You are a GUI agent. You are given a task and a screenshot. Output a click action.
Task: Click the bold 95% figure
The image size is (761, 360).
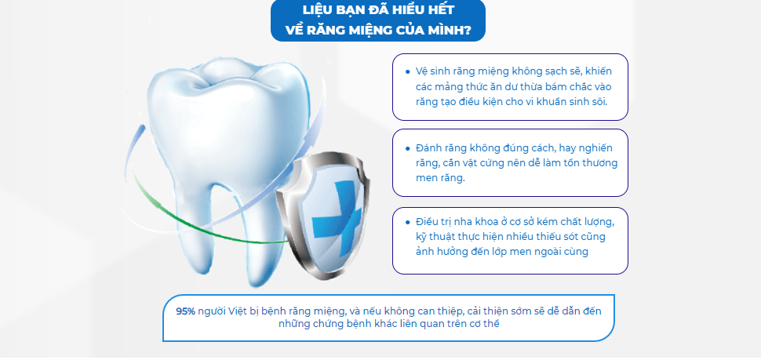point(185,311)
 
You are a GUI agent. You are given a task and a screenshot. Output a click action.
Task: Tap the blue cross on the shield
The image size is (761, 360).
point(337,218)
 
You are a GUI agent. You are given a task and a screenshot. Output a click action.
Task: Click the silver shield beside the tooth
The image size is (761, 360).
point(322,216)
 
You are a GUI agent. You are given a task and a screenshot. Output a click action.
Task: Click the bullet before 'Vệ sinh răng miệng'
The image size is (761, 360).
point(408,72)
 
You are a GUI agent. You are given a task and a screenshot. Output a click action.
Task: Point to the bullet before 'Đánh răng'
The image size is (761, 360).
point(408,148)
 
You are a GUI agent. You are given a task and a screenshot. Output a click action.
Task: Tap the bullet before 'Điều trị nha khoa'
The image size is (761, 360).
point(408,222)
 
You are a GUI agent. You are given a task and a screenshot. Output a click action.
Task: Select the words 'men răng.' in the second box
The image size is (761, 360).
point(440,177)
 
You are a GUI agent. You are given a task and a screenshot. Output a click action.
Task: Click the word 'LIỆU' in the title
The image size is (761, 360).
point(315,10)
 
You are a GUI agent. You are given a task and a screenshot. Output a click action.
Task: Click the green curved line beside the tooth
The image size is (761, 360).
point(194,224)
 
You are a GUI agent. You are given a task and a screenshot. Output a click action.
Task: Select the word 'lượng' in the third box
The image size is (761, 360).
point(599,223)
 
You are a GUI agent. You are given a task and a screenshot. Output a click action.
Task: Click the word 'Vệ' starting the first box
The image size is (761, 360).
point(421,71)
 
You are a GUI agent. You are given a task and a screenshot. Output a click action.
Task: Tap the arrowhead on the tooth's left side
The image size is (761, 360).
point(140,130)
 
